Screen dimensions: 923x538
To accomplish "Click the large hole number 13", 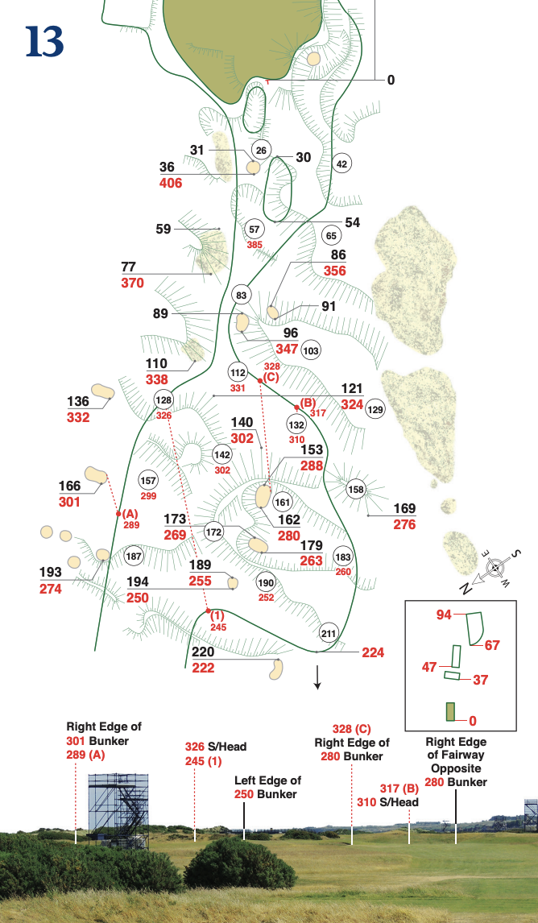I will (45, 41).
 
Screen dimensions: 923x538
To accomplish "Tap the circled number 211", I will (329, 632).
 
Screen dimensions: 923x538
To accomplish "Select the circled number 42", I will (341, 163).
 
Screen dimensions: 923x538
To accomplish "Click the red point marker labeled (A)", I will (118, 513).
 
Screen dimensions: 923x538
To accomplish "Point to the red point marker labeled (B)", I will (296, 405).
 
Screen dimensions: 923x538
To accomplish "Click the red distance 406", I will (171, 183).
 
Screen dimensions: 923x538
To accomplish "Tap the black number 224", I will (373, 652).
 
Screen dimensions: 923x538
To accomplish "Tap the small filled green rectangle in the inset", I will (451, 712).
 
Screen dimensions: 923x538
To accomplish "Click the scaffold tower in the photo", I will (118, 809).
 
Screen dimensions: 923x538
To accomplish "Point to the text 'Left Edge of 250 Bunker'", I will (267, 787).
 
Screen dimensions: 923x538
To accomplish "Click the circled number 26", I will (261, 151).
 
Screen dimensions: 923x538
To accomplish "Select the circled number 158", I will (356, 489).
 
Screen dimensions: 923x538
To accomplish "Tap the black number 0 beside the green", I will (391, 80).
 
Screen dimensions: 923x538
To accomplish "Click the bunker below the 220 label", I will (275, 668).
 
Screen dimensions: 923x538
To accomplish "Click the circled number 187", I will (134, 557).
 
